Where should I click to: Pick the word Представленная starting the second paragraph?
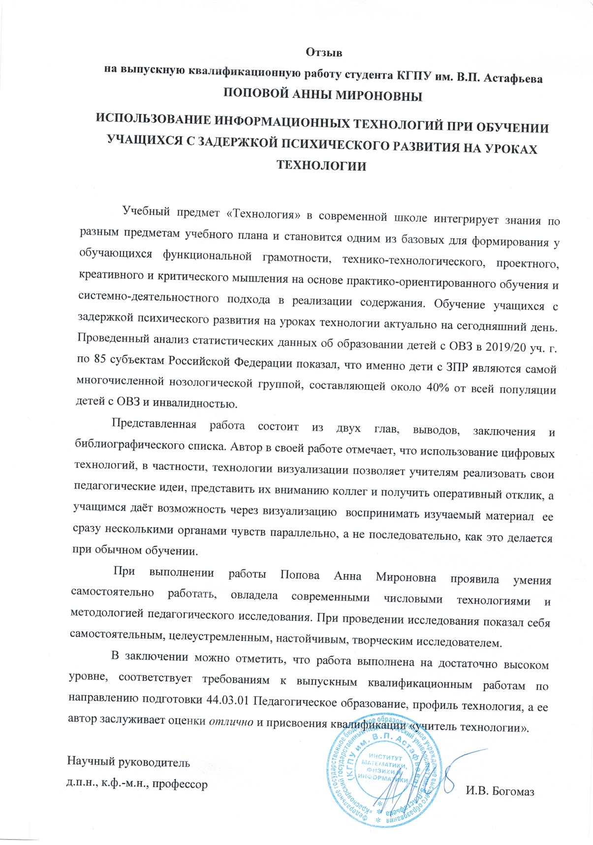coord(154,424)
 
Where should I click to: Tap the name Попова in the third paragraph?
coord(300,575)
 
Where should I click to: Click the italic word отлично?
coord(232,722)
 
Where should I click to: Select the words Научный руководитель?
coord(128,762)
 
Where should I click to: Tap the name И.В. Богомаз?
coord(500,791)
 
